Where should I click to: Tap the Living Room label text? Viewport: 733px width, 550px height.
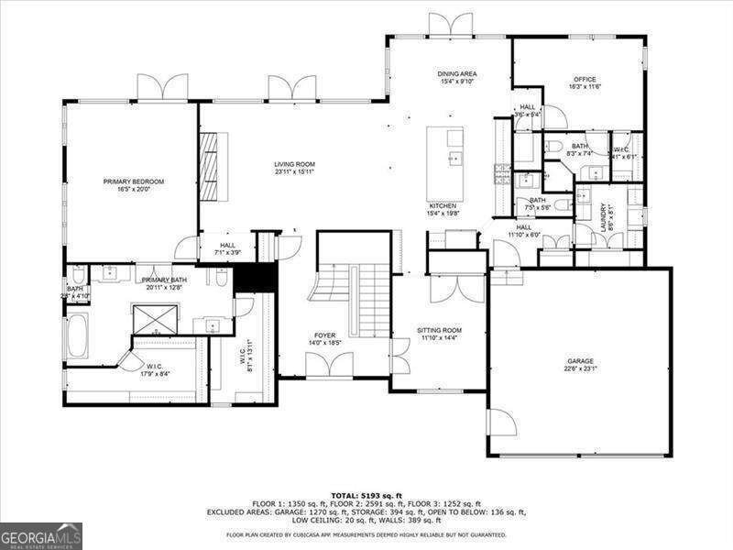294,165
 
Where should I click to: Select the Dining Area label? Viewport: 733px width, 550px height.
457,74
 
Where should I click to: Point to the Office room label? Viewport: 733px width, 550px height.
585,80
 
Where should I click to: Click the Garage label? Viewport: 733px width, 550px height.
579,361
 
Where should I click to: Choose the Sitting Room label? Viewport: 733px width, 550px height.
441,330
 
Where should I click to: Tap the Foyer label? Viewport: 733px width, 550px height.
324,335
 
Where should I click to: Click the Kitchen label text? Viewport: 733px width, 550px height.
443,206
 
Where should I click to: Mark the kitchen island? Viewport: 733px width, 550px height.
445,165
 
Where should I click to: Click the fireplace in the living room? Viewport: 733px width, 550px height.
210,166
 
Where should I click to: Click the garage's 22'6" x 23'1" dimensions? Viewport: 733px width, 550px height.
579,368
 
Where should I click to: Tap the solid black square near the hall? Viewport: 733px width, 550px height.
256,278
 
